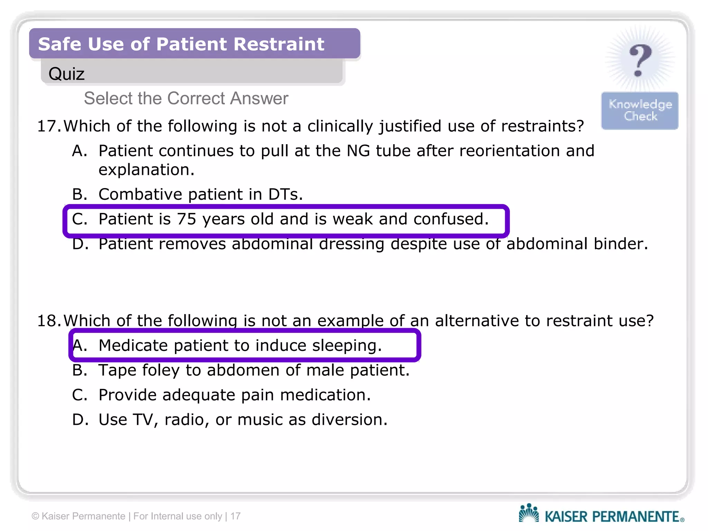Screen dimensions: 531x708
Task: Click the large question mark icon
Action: coord(640,60)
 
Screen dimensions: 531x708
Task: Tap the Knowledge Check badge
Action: coord(640,110)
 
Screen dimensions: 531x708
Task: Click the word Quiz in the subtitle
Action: coord(66,74)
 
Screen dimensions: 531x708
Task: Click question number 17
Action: coord(48,126)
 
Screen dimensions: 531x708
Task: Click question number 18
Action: coord(48,321)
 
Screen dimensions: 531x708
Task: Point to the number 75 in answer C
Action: coord(186,219)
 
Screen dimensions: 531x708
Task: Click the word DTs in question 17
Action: coord(285,194)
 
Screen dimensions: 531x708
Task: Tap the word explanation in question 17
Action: coord(146,170)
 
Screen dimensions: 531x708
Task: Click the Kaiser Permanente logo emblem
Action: coord(528,513)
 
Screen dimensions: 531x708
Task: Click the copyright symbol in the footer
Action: coord(35,516)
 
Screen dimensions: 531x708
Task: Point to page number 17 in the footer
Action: coord(235,516)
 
